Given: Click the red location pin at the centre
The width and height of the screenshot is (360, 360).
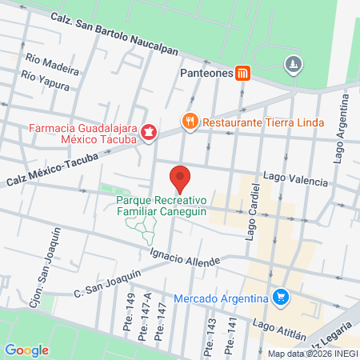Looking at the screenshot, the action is pos(180,177).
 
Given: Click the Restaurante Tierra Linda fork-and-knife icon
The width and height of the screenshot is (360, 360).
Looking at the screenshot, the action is pos(190,122).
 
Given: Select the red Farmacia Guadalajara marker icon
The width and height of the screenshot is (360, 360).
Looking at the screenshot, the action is pos(148,131).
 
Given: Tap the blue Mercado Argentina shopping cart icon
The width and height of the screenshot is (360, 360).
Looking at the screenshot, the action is pos(280,298).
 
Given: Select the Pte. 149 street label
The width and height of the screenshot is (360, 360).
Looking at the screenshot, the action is pos(129,309).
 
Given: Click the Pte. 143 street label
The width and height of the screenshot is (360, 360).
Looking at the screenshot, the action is pos(210,336).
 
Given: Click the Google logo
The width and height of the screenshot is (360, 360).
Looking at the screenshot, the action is pos(27,350).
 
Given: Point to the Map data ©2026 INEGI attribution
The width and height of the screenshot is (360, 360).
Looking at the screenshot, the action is pos(312,354).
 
